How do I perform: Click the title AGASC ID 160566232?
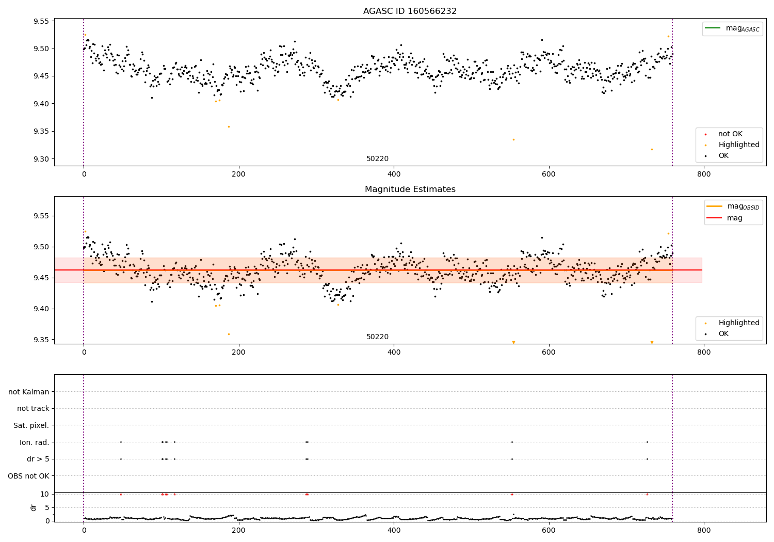410,11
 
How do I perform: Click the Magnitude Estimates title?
410,189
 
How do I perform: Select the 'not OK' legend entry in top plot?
730,134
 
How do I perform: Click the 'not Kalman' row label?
29,392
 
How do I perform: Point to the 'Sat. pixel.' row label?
31,425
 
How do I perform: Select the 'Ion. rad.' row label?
35,442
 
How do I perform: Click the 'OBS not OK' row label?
28,476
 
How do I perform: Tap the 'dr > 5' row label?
38,459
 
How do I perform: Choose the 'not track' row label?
33,409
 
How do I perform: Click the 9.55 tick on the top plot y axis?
41,22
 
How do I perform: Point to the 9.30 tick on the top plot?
41,159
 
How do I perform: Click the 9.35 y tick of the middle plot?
41,340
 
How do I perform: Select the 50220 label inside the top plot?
377,159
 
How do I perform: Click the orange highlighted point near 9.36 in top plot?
229,126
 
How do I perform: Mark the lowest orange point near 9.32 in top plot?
652,149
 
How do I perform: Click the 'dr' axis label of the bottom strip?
34,507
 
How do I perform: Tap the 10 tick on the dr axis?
45,494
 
